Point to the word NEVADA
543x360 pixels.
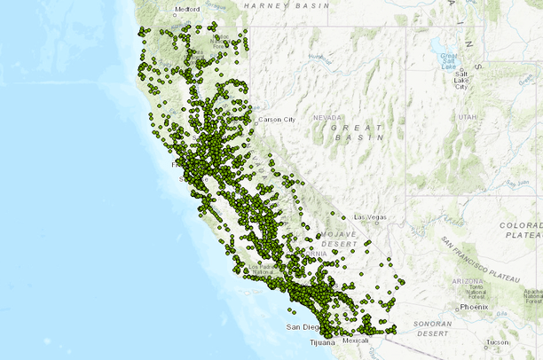pos(327,117)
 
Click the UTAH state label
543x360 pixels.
pos(468,117)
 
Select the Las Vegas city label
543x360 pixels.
pos(371,217)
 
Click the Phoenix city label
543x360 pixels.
pos(475,307)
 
